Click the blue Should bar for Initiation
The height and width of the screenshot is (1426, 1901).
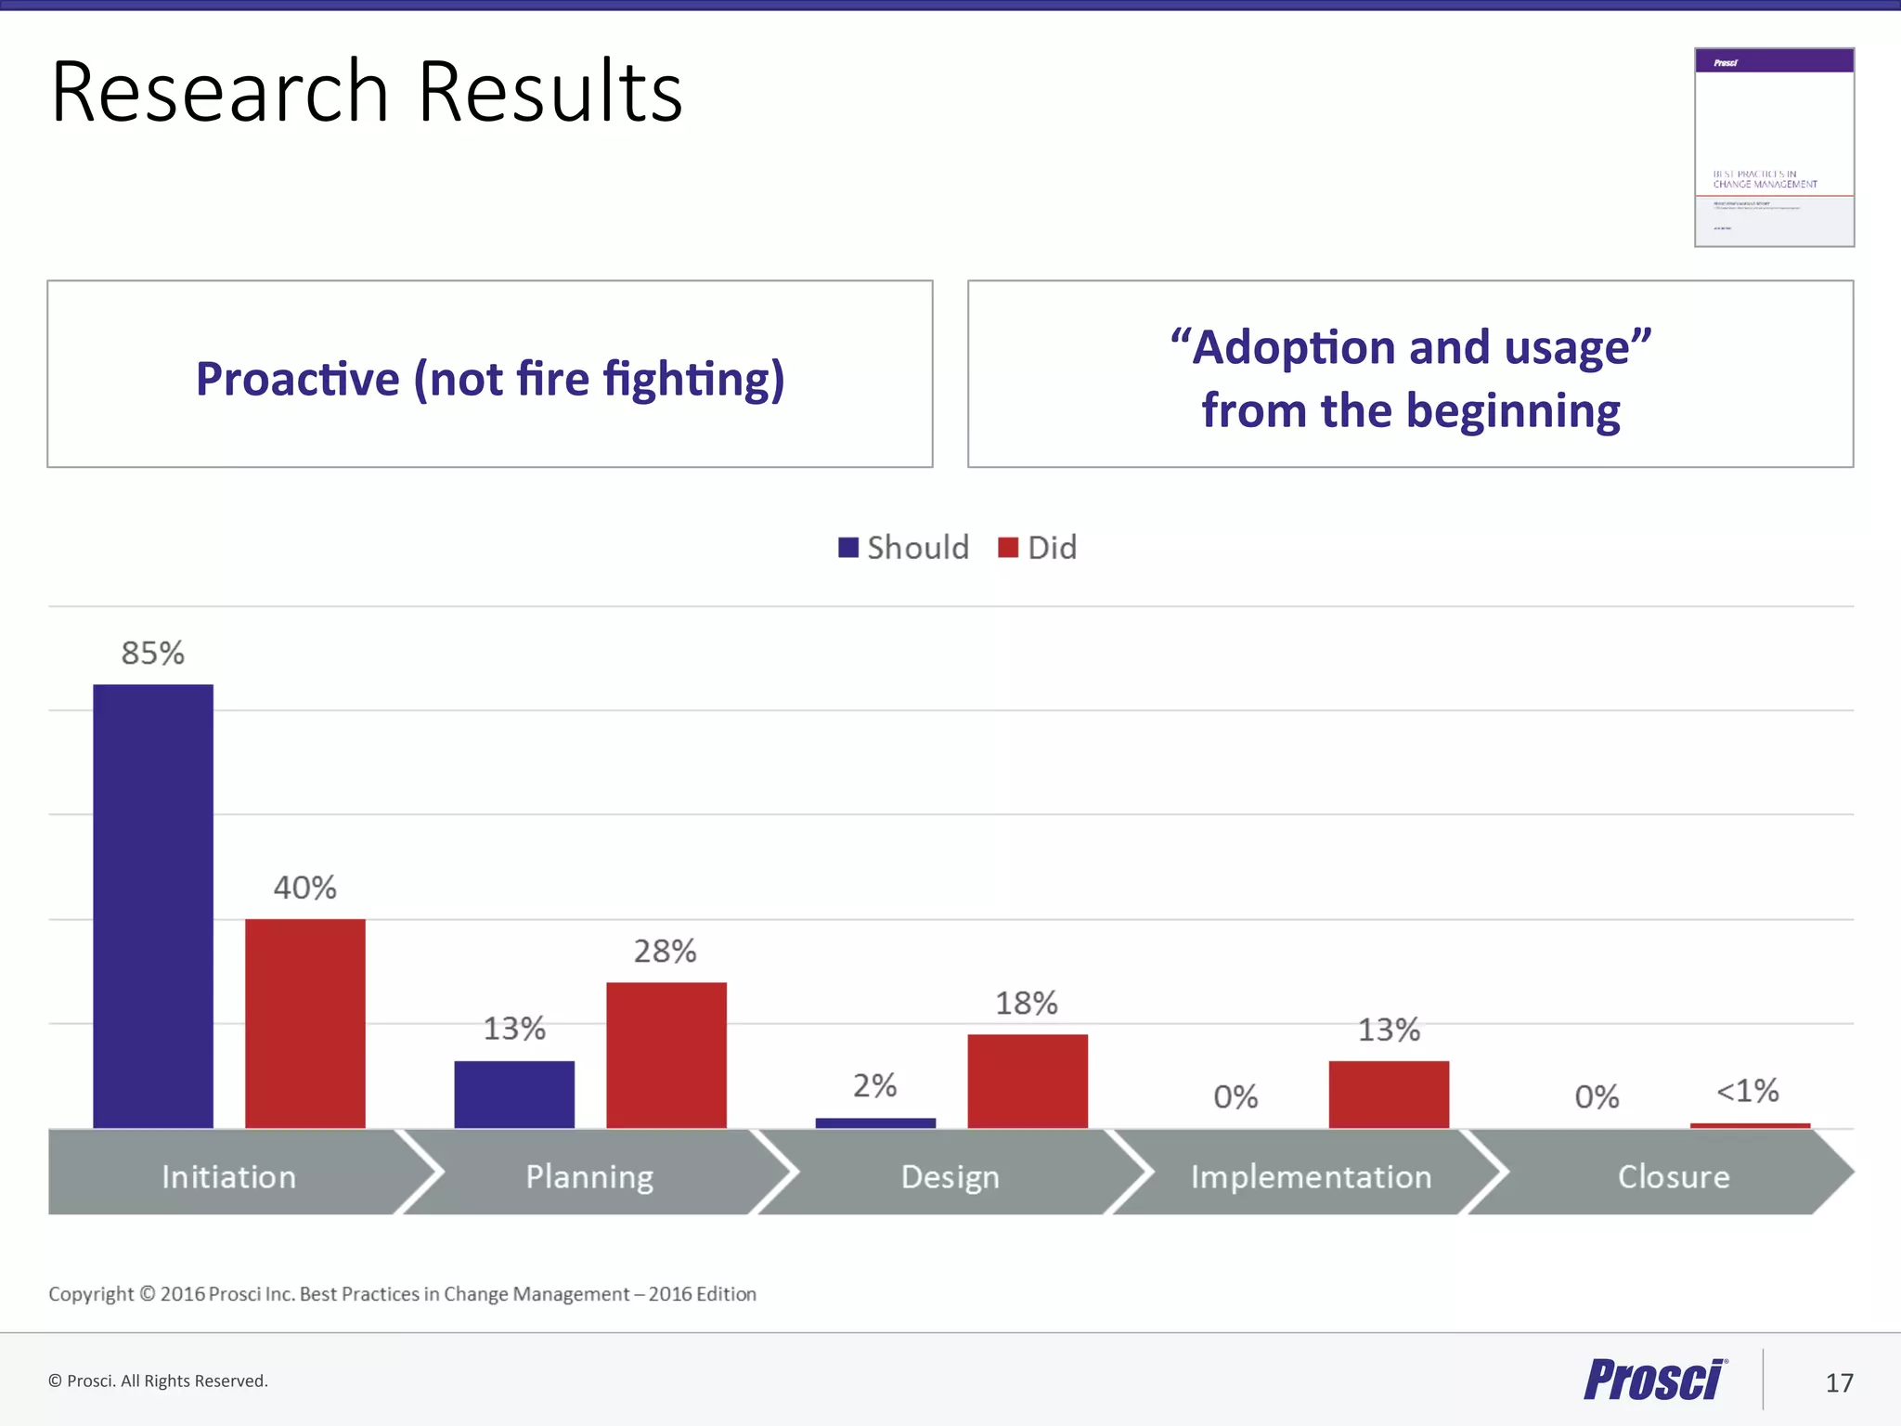pos(153,906)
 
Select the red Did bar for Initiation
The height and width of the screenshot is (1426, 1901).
pos(305,1023)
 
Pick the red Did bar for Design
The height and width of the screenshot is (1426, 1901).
pos(1028,1081)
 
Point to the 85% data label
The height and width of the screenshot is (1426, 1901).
pos(153,653)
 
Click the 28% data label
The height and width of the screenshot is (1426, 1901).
pos(666,951)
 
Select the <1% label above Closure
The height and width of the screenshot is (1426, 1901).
pos(1747,1090)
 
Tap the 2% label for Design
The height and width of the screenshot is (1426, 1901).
pos(875,1085)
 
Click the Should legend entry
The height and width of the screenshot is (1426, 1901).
pos(904,548)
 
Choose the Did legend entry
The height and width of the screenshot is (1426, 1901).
pos(1039,548)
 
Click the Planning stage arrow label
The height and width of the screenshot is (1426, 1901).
pos(589,1176)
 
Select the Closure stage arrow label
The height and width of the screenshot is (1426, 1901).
pos(1674,1176)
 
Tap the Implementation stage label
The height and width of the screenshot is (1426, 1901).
pos(1311,1176)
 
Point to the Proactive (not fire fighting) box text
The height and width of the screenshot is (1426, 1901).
pos(490,378)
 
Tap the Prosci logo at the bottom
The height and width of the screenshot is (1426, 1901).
pos(1655,1380)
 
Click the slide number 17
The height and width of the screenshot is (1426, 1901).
pos(1839,1383)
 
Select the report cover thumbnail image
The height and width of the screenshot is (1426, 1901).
pos(1774,148)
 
